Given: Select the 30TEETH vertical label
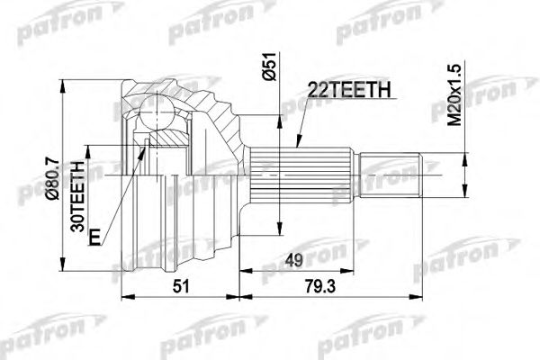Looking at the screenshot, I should pos(78,199).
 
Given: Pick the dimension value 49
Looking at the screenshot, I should pos(293,263).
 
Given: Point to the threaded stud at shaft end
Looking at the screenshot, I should pos(392,176).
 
